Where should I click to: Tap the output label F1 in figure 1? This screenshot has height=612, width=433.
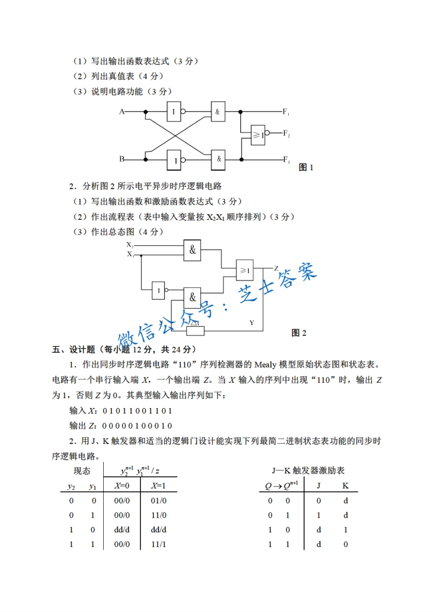[286, 112]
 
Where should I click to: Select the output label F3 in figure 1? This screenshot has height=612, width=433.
[286, 160]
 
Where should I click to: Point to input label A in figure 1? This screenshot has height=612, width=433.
[122, 112]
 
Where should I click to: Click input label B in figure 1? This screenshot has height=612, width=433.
[122, 159]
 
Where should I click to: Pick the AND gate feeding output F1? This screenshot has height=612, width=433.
[217, 112]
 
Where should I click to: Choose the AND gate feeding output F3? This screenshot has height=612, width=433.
[218, 159]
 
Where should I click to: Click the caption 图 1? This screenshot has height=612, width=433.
[306, 167]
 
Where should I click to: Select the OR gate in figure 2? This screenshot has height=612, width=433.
[244, 269]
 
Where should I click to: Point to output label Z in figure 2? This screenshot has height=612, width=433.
[276, 268]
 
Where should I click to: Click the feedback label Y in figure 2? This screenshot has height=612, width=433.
[252, 322]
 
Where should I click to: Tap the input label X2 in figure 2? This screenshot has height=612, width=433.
[130, 245]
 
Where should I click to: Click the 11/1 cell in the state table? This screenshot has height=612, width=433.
[158, 544]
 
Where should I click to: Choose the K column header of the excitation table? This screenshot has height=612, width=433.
[345, 485]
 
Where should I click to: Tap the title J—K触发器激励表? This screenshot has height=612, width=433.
[309, 470]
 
